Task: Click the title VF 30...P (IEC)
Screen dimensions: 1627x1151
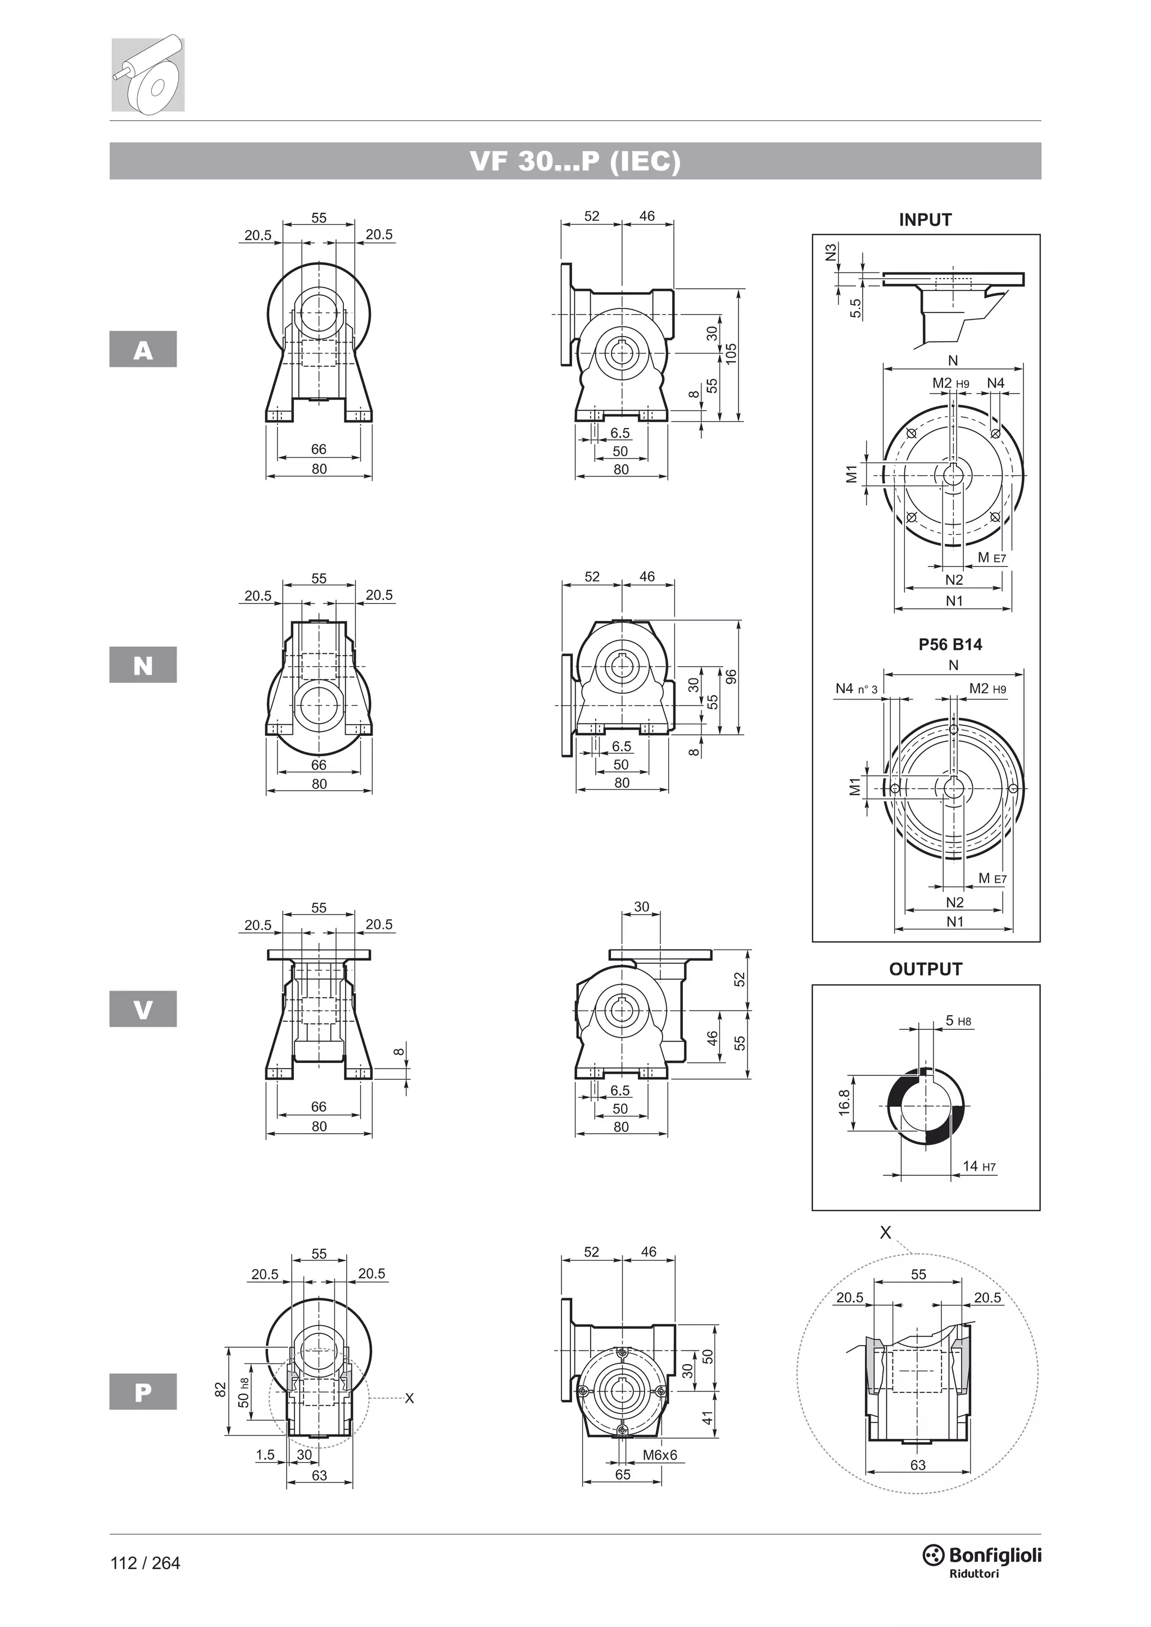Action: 575,162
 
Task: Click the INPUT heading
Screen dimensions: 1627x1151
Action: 925,220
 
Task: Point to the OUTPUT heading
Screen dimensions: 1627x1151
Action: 925,969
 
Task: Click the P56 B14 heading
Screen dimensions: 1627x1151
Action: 950,644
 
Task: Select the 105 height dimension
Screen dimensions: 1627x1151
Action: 731,353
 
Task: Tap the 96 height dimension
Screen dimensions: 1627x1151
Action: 731,677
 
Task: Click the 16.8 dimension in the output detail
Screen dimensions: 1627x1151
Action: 844,1103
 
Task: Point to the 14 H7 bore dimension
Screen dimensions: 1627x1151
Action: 979,1166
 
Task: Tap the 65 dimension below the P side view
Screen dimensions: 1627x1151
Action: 622,1475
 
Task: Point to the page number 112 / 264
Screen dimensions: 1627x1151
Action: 146,1563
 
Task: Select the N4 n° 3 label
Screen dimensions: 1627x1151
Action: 856,689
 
